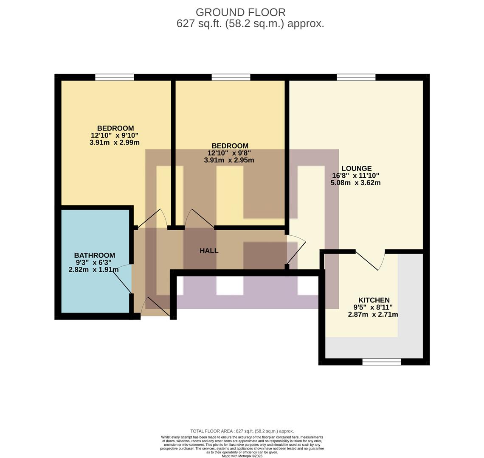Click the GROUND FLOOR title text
click(240, 12)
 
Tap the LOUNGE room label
click(356, 168)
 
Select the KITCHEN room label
click(374, 300)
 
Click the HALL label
click(209, 251)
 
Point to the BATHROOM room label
click(94, 255)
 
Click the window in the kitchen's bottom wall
click(381, 362)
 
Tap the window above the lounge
click(356, 77)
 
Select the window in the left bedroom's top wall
click(114, 77)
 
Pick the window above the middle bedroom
click(231, 77)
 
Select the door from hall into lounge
click(296, 250)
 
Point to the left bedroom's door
click(150, 219)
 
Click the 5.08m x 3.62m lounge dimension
click(355, 183)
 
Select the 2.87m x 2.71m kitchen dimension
click(373, 315)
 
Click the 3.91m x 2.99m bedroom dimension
click(114, 142)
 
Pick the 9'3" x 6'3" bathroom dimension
click(94, 263)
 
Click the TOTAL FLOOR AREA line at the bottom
click(242, 431)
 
